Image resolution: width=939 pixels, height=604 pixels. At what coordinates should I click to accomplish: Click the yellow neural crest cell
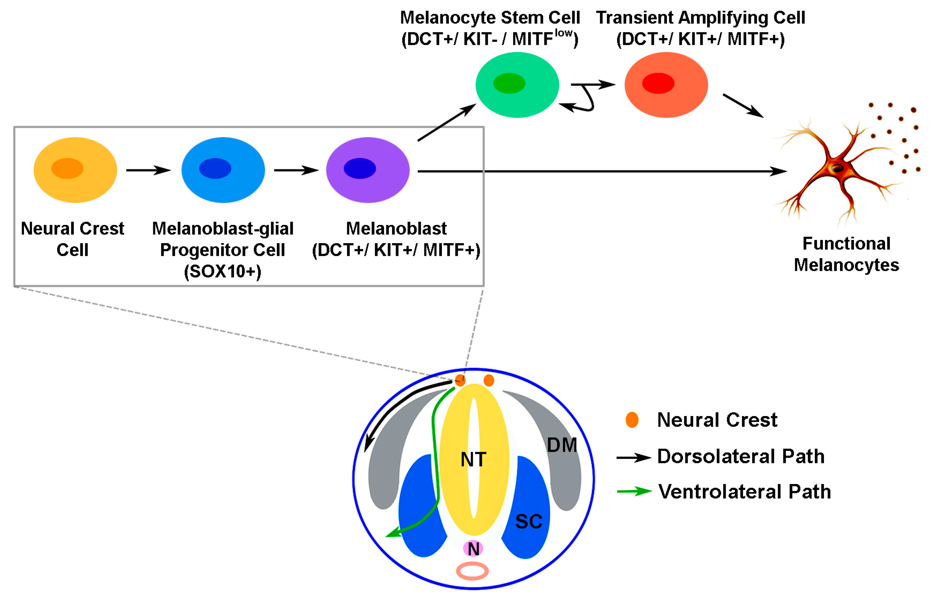point(75,170)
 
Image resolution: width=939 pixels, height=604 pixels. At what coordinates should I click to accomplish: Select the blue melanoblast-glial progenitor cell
point(223,170)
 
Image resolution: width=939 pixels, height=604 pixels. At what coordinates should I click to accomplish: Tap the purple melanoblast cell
point(368,170)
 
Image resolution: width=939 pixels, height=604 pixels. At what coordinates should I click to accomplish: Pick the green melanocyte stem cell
point(517,85)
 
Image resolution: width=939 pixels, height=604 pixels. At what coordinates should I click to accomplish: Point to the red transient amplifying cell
point(666,85)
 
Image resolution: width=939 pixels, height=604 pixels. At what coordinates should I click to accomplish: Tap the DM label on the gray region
point(562,445)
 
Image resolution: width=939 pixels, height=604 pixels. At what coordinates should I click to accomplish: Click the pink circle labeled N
point(473,548)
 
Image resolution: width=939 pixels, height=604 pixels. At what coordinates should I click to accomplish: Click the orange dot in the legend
point(632,420)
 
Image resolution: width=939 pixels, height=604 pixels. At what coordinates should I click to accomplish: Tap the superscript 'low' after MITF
point(564,33)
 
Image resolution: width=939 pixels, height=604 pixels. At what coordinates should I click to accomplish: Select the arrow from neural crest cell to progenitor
point(148,170)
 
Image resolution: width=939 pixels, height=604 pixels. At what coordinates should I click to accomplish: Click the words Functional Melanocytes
point(846,254)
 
